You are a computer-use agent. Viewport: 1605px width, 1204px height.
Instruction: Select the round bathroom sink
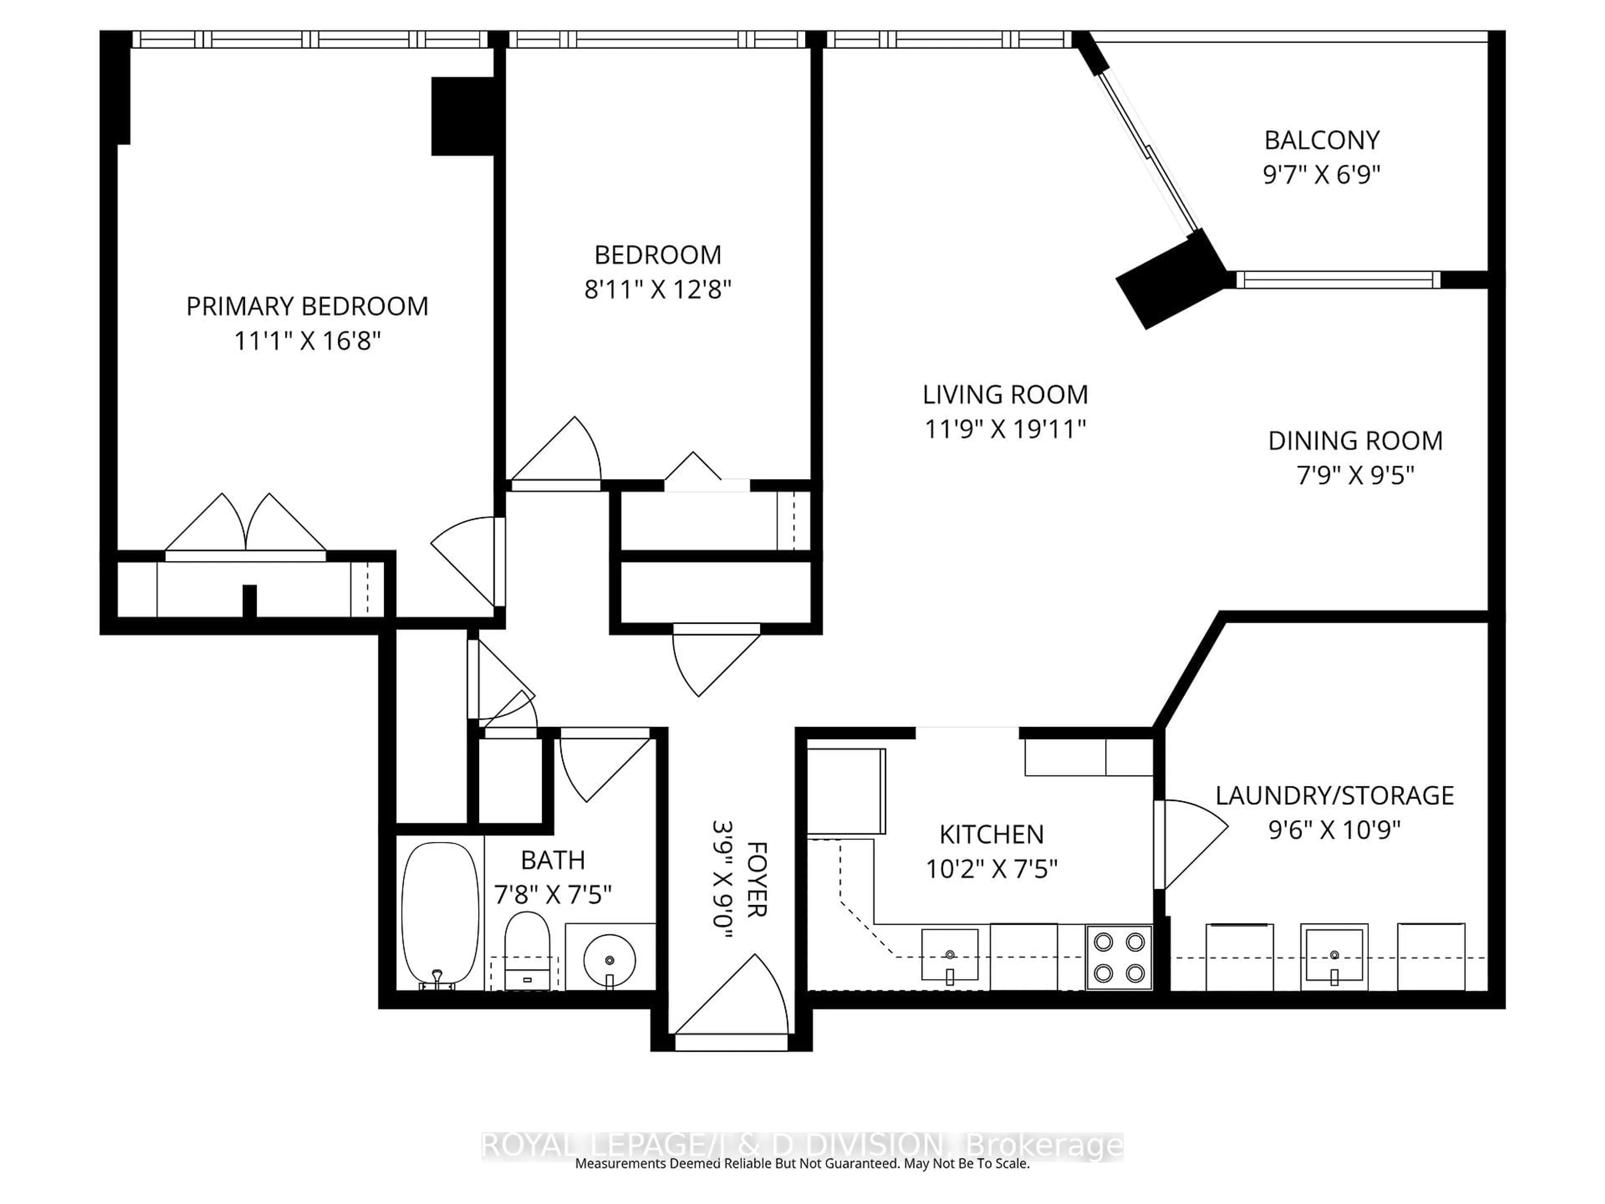coord(609,959)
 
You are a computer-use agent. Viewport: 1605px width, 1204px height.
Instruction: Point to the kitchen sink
coord(949,954)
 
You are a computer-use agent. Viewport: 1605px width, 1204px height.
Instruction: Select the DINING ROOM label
coord(1355,441)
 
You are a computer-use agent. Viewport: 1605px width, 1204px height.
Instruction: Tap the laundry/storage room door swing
coord(1190,842)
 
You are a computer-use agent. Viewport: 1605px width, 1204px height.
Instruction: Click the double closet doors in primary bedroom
coord(245,526)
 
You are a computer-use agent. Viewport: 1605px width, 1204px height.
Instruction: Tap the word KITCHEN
coord(991,834)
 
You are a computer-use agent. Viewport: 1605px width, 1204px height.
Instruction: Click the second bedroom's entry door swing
coord(562,454)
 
